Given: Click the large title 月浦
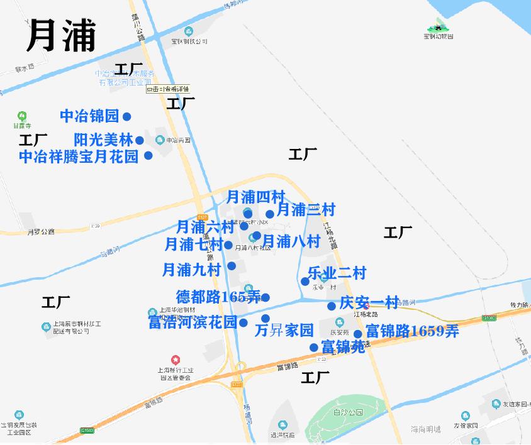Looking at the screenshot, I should [x=61, y=35].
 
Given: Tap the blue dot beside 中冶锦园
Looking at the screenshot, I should [x=126, y=116].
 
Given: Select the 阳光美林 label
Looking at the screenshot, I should [x=103, y=140].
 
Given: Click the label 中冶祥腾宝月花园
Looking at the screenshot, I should [x=79, y=156].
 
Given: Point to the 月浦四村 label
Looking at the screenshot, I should [x=256, y=197].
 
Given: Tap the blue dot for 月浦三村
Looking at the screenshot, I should [x=270, y=214].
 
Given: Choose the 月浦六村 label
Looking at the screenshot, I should [x=204, y=226].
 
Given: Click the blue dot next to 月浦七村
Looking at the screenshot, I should [x=228, y=245].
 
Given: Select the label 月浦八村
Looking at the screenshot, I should [x=291, y=241].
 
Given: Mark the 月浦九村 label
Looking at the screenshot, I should [x=191, y=270].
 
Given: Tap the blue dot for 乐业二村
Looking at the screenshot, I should [x=305, y=281].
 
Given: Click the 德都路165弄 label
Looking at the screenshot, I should [x=218, y=297].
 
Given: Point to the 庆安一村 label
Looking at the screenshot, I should [x=369, y=302].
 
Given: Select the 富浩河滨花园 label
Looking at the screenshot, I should [x=193, y=322].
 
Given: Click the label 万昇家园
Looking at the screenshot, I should [x=284, y=330].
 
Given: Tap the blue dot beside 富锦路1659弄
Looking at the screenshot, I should [x=357, y=334].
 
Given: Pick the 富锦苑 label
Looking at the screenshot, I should [x=343, y=346].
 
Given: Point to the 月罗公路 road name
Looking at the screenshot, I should [x=41, y=231].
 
